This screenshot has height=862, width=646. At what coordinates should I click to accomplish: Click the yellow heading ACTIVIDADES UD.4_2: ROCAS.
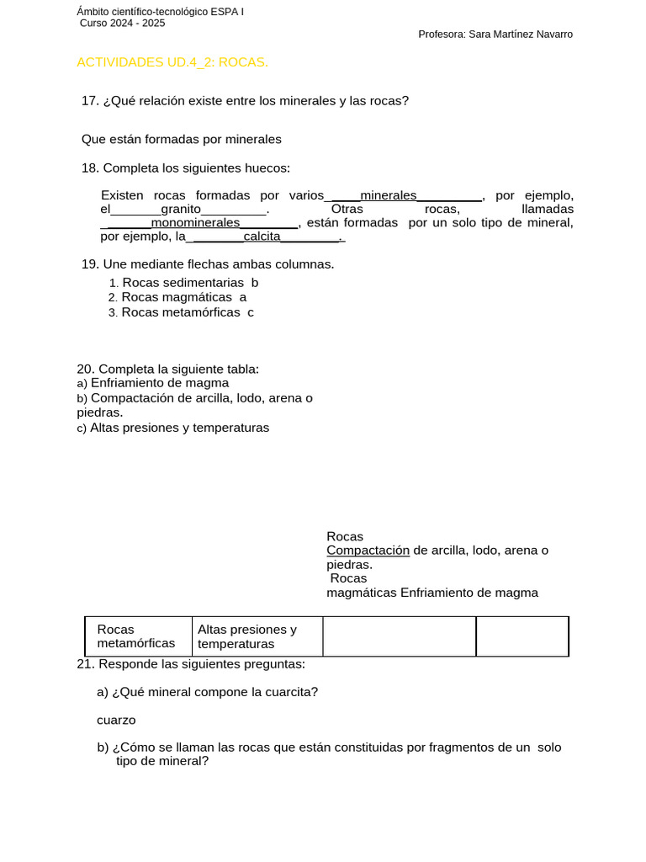point(172,62)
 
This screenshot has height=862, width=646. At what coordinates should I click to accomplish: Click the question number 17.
point(90,101)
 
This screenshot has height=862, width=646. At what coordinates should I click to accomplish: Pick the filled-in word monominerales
point(195,223)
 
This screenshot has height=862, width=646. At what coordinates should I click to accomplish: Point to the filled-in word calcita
point(262,237)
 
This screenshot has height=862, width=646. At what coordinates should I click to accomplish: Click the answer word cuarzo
point(116,720)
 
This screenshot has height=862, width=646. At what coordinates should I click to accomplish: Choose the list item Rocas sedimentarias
point(183,283)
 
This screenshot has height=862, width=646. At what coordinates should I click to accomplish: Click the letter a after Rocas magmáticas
point(243,297)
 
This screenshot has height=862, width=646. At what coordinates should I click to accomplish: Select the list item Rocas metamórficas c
point(188,312)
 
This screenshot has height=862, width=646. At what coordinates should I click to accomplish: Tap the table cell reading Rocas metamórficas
point(136,636)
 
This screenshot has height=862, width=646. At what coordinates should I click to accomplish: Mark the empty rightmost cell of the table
point(522,636)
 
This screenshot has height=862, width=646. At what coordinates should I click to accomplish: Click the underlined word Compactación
point(368,551)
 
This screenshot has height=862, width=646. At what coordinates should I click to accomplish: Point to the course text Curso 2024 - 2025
point(122,23)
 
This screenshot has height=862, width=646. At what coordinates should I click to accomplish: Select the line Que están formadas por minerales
point(181,139)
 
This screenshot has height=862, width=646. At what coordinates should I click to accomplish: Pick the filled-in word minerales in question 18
point(388,195)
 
